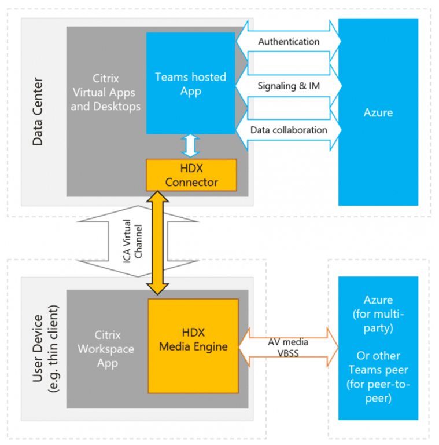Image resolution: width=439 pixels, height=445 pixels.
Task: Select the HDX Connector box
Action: coord(191,175)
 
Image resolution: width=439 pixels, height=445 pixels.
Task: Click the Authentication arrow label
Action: coord(288,42)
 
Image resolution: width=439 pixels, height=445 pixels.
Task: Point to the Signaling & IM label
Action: coord(288,86)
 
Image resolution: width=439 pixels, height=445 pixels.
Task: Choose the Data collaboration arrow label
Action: coord(288,130)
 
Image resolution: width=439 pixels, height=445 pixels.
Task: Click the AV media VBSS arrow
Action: coord(289,348)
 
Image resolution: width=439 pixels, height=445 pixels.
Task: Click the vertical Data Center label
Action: coord(38,112)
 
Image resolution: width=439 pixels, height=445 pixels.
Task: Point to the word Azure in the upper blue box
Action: coord(378,112)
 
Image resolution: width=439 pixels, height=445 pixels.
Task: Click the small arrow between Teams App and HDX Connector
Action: coord(191,147)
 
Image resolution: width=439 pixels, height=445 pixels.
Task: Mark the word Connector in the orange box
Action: coord(191,182)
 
